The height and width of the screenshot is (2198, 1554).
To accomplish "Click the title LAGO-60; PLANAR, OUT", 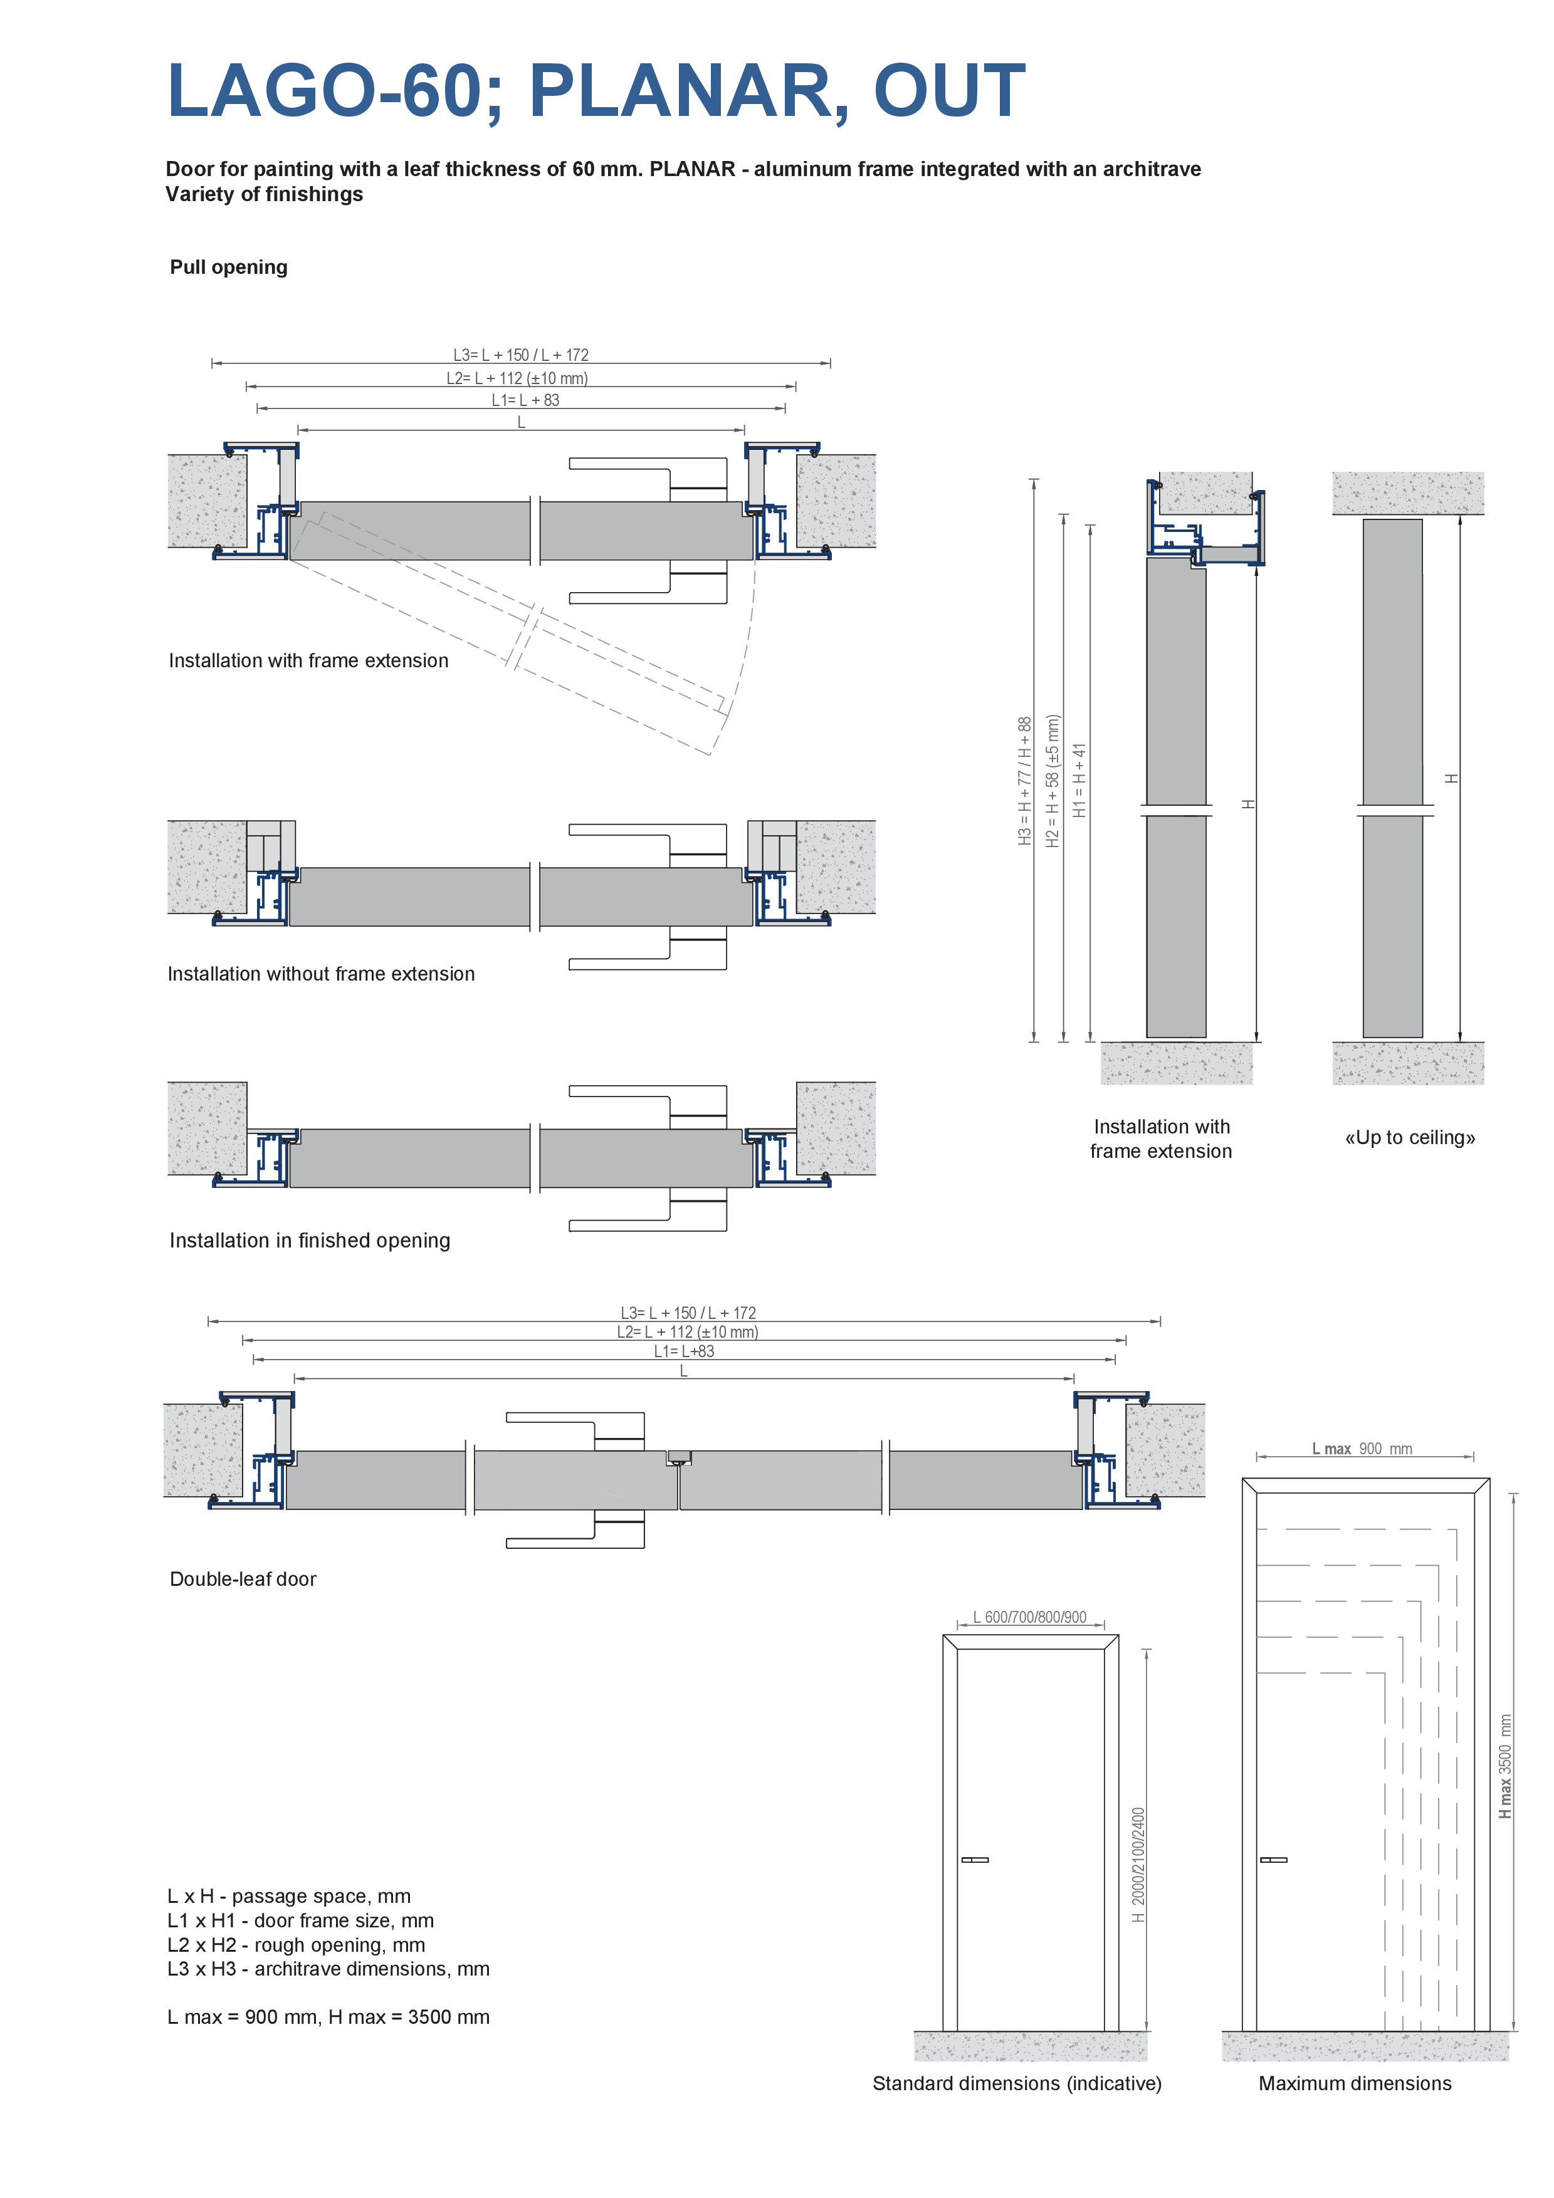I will click(x=596, y=91).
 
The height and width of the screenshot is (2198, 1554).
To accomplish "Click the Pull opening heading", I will click(x=229, y=267).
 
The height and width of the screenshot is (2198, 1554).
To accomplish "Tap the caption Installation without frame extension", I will click(x=321, y=974).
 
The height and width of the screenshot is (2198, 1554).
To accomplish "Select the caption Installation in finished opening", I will click(x=309, y=1241).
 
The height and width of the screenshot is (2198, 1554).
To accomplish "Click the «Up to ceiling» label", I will click(x=1409, y=1137).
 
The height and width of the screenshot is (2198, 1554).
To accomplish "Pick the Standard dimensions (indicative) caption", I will click(x=1017, y=2084).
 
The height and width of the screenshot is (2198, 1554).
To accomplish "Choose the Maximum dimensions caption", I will click(x=1355, y=2084).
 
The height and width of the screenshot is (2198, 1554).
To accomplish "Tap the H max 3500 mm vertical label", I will click(x=1505, y=1766).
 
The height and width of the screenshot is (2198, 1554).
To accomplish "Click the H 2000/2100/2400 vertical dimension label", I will click(x=1138, y=1864).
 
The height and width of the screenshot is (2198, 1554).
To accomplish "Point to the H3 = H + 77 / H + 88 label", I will click(x=1024, y=780).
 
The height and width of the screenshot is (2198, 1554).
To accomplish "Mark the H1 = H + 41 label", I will click(x=1080, y=780).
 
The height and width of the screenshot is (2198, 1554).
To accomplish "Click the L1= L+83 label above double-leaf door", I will click(x=684, y=1352).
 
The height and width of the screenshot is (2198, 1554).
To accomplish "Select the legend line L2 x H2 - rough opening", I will click(x=296, y=1944).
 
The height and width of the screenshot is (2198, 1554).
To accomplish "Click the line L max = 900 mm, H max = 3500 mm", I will click(x=328, y=2017).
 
